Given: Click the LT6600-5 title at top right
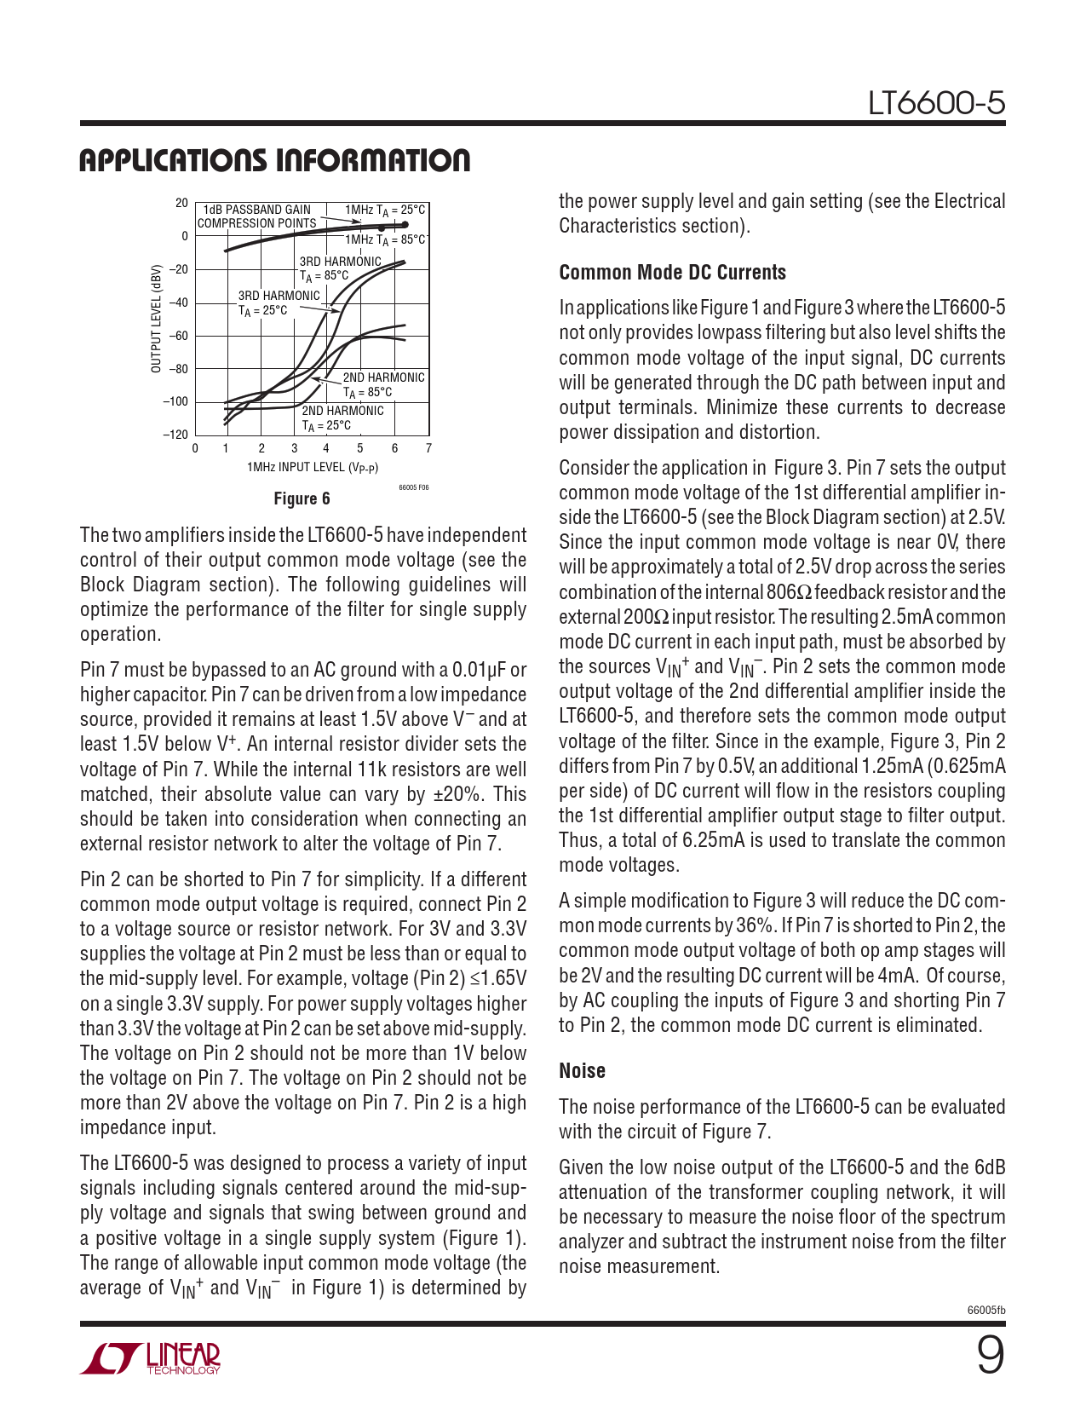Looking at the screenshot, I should [x=936, y=104].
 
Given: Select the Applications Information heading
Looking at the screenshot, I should [x=274, y=161].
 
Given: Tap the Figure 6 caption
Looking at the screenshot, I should [x=302, y=498].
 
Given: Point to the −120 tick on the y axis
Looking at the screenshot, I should [x=175, y=435].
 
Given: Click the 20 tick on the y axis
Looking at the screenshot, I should [x=181, y=203].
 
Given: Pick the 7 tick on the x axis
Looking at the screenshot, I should [x=428, y=448].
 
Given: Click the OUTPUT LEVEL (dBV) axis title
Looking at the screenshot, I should [x=156, y=319].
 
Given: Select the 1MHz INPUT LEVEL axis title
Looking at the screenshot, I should [x=312, y=467].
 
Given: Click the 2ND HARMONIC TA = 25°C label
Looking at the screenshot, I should [x=342, y=418].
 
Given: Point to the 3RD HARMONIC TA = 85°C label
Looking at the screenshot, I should [x=340, y=268].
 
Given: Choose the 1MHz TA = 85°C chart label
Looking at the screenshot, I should [x=384, y=239].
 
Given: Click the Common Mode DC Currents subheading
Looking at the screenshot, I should [x=672, y=273].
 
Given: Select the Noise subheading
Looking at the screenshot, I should [x=582, y=1071].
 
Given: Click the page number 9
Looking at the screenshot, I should [x=990, y=1356].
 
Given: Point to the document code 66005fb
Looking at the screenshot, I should [x=986, y=1310].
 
